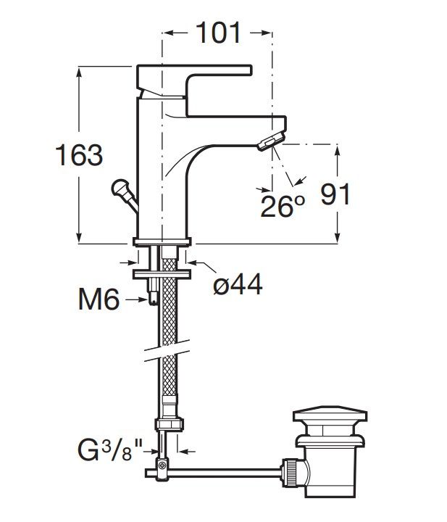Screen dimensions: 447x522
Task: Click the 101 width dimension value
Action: click(218, 33)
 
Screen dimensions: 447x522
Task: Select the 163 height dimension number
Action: click(79, 155)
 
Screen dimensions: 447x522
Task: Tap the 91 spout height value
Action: click(335, 194)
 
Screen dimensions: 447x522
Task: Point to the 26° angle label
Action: click(283, 207)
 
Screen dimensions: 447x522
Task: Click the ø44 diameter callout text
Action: click(238, 285)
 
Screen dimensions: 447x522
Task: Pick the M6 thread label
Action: click(99, 299)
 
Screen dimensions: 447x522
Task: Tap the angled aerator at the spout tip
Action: click(271, 141)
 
